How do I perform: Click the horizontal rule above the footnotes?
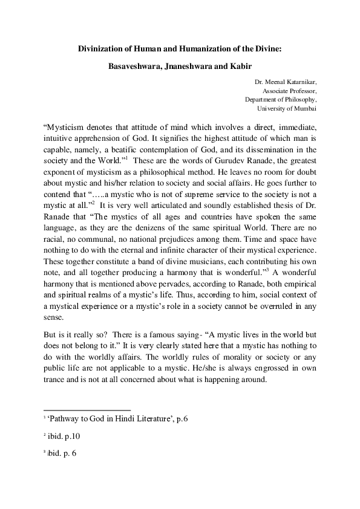(87, 409)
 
